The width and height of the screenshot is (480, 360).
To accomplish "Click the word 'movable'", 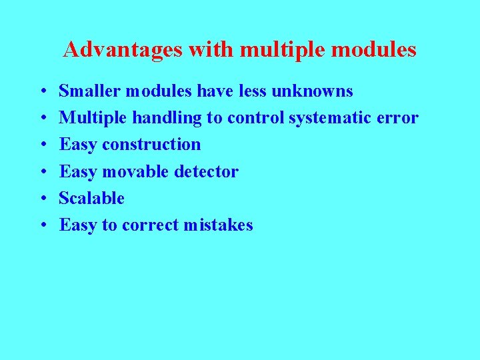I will tap(135, 171).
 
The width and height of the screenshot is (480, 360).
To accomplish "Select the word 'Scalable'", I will tap(92, 198).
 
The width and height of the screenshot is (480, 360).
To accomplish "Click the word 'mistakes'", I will tap(221, 225).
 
